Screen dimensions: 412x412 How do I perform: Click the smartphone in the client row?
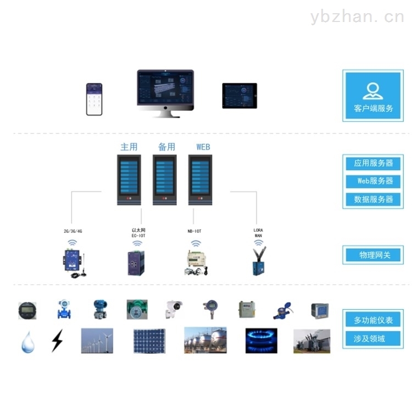tap(94, 99)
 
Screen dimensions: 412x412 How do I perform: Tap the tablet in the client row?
tap(240, 96)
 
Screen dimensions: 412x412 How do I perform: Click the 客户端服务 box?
tap(374, 96)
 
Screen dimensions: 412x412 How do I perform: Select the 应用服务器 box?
tap(374, 163)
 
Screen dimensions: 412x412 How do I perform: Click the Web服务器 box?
tap(374, 181)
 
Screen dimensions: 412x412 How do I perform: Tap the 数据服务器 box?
tap(374, 199)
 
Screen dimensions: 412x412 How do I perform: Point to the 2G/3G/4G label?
tap(73, 231)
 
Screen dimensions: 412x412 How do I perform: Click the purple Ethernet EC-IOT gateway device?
tap(136, 263)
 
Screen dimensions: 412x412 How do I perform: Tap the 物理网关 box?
tap(374, 255)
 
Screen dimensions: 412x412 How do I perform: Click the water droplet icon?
tap(27, 342)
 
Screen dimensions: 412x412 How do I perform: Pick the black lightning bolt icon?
tap(57, 341)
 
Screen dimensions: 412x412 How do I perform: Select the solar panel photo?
tap(149, 341)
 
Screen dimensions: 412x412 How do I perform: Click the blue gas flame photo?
tap(261, 341)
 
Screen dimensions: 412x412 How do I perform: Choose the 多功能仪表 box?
tap(374, 320)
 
